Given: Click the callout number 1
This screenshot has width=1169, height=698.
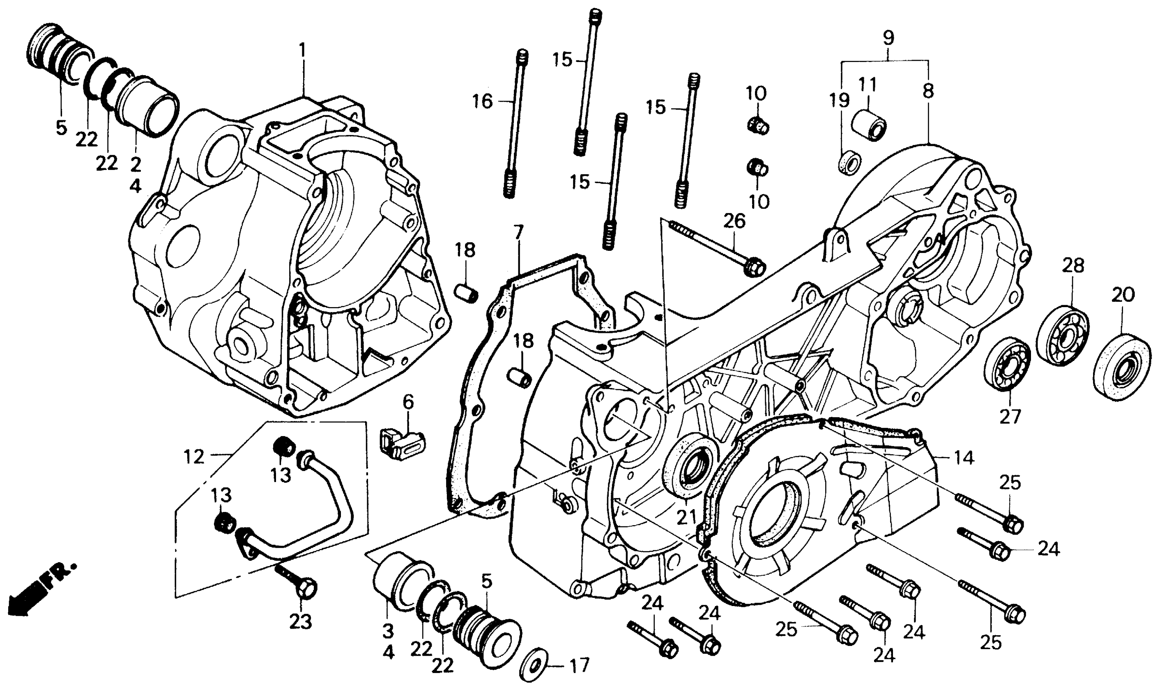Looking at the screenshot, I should [302, 51].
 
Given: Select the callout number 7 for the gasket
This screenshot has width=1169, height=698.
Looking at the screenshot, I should [518, 232].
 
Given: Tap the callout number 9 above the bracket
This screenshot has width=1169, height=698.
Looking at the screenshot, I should [888, 38].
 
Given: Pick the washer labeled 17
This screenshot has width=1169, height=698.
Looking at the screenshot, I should [535, 666].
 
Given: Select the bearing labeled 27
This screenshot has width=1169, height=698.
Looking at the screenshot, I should [1008, 370].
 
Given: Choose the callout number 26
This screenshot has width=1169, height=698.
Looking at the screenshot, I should [735, 221].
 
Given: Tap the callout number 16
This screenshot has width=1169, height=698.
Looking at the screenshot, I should [482, 101].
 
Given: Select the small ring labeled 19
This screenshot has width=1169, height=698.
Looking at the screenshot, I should [849, 162].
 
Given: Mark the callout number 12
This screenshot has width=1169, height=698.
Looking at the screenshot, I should [194, 456].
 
